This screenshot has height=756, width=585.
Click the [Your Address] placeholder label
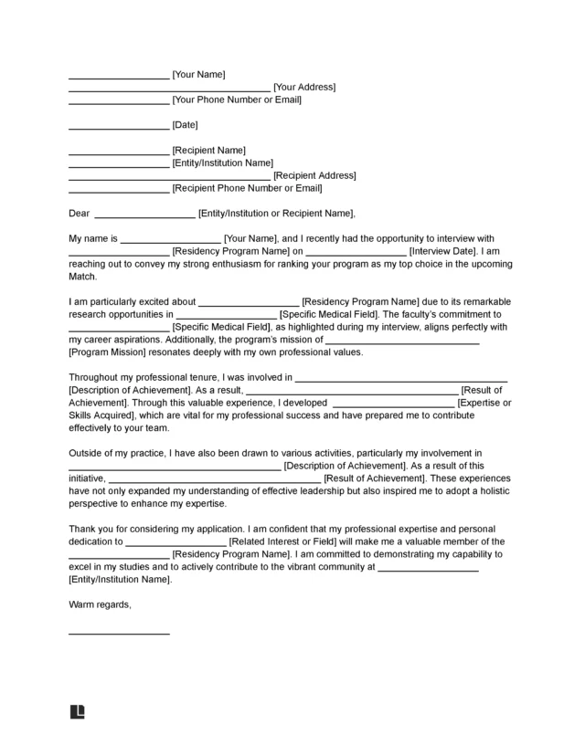click(304, 87)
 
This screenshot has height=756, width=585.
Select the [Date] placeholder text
click(185, 124)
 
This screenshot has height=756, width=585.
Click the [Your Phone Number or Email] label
click(237, 100)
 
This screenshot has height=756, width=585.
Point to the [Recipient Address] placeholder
click(314, 175)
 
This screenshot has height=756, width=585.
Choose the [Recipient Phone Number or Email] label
click(247, 188)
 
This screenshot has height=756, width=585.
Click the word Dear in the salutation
click(80, 214)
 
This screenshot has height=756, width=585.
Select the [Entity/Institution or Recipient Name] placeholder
click(276, 214)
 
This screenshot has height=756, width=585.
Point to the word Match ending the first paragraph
click(82, 276)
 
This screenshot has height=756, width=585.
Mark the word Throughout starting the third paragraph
click(95, 376)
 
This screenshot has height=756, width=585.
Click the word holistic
click(492, 490)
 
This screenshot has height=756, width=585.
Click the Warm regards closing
click(101, 604)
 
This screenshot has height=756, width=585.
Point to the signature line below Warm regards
click(119, 633)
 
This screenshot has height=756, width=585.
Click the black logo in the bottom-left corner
click(77, 712)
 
